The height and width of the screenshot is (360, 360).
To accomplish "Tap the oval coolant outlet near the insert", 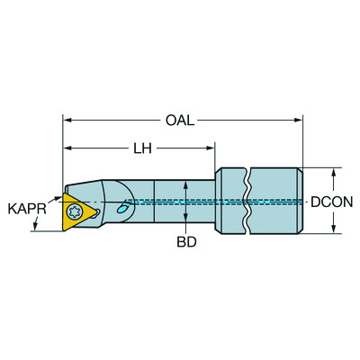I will pyautogui.click(x=123, y=206).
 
